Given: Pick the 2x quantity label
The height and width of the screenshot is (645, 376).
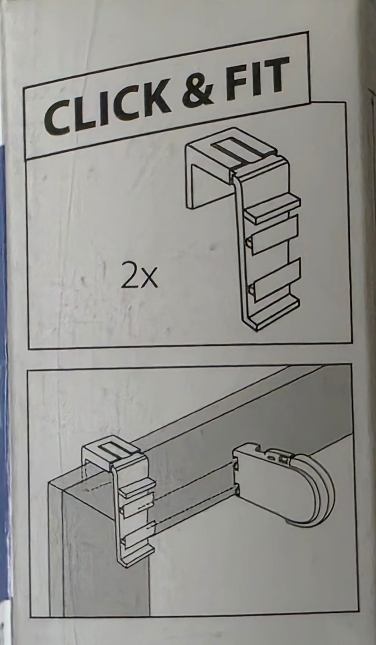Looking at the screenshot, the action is [139, 278].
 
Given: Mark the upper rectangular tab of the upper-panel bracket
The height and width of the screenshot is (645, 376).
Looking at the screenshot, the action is [274, 236].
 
